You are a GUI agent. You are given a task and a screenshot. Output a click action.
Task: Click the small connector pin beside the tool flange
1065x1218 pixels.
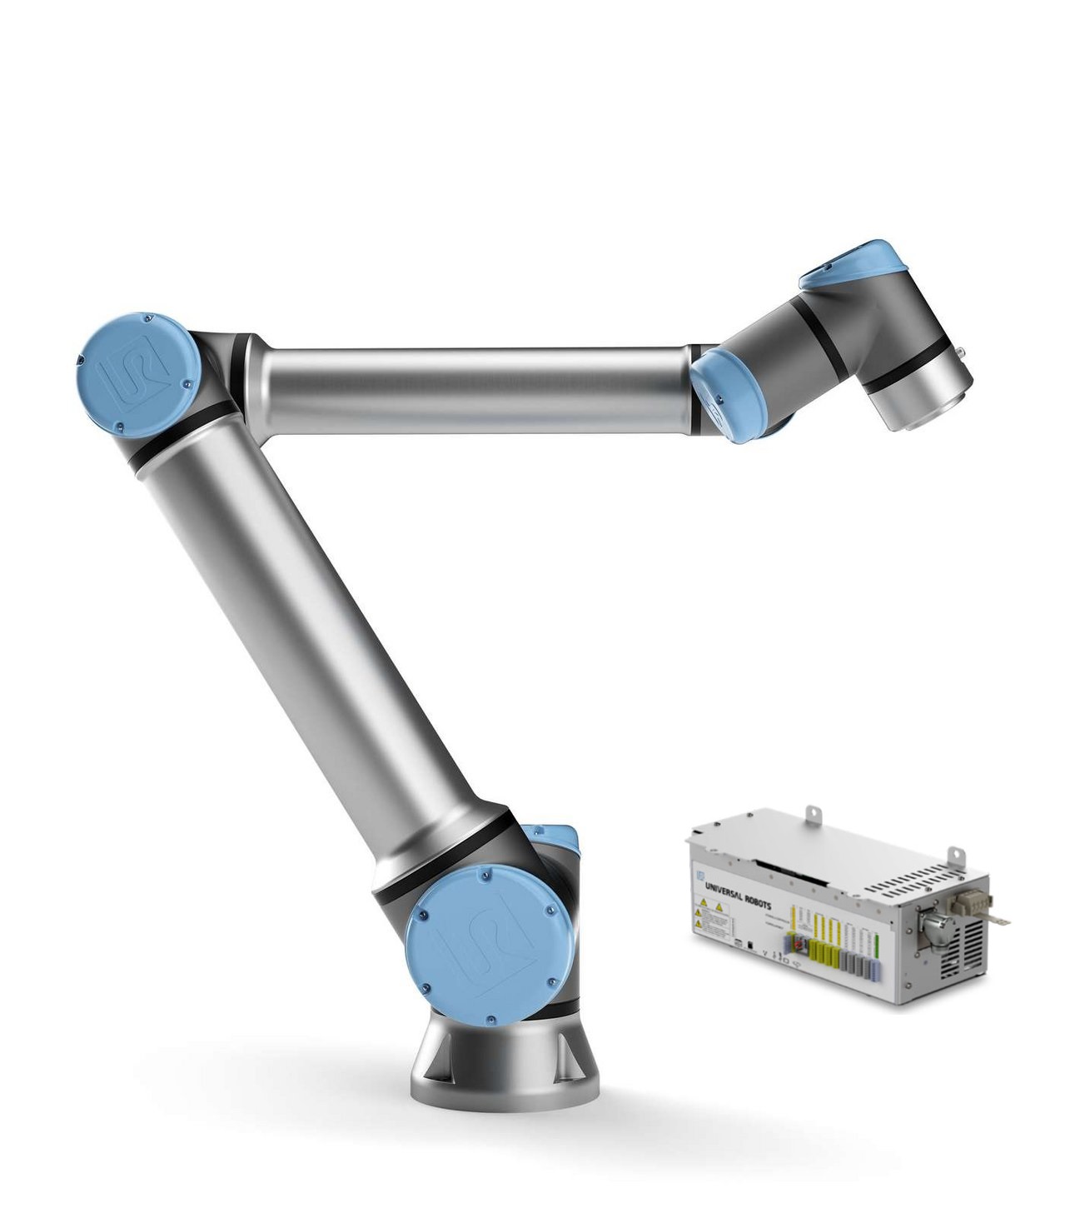[x=964, y=353]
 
